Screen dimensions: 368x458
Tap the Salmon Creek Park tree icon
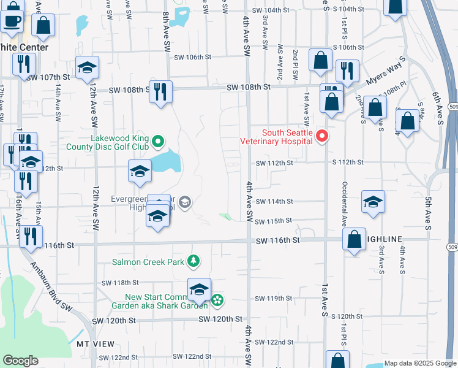point(193,262)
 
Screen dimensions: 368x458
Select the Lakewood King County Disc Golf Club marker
point(158,142)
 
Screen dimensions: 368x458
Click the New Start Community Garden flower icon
point(217,300)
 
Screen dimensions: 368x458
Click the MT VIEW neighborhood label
point(92,344)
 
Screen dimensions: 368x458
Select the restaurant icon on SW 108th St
point(160,92)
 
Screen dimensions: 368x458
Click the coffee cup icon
point(10,21)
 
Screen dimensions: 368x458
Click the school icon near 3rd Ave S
point(373,202)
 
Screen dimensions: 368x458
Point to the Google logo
point(21,360)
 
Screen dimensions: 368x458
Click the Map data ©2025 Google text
point(419,363)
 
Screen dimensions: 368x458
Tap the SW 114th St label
point(274,201)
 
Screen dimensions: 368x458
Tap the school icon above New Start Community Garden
point(199,289)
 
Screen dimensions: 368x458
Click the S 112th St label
point(348,163)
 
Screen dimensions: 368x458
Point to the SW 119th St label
point(274,298)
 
